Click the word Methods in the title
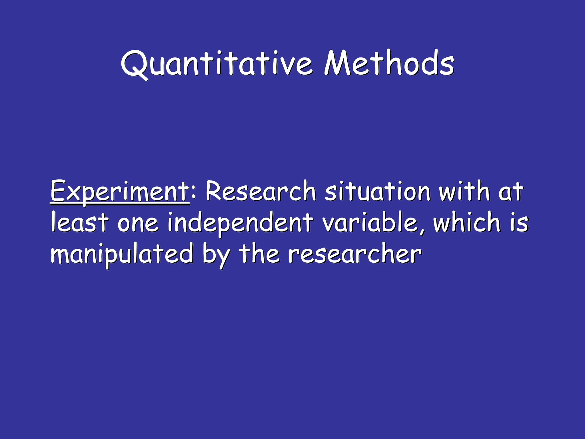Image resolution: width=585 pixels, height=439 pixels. point(389,63)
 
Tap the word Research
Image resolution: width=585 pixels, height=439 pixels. point(261,191)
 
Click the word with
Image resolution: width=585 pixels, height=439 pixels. point(464,191)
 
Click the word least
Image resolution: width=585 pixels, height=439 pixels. point(80,222)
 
